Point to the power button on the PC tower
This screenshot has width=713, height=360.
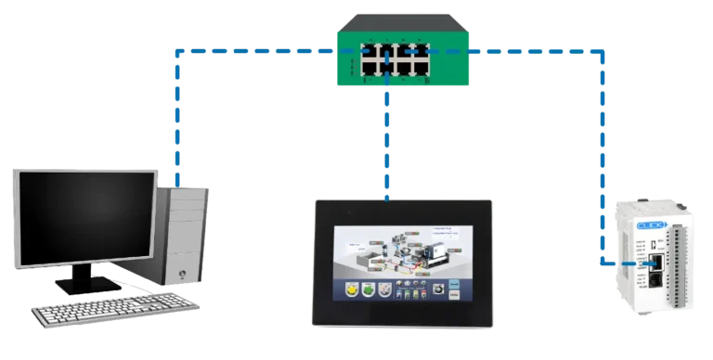pos(182,274)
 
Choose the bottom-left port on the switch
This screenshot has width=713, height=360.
pos(369,67)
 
